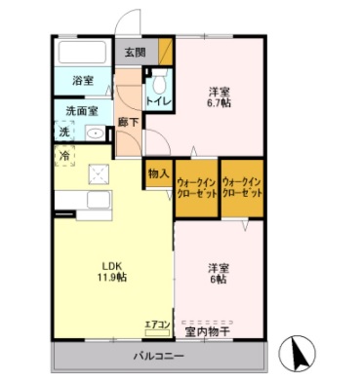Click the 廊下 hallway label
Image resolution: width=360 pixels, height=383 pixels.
[x=128, y=121]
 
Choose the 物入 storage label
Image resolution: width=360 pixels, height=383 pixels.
[x=158, y=173]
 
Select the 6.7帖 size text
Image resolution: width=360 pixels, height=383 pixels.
[x=219, y=102]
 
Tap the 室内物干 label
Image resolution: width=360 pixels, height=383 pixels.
[x=208, y=331]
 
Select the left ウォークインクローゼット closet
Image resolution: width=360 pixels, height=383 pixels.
[x=195, y=188]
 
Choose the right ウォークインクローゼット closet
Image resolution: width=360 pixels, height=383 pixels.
[x=242, y=188]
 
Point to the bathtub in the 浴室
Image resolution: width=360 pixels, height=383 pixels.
[x=82, y=53]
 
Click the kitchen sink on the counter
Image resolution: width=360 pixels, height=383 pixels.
[x=99, y=202]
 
